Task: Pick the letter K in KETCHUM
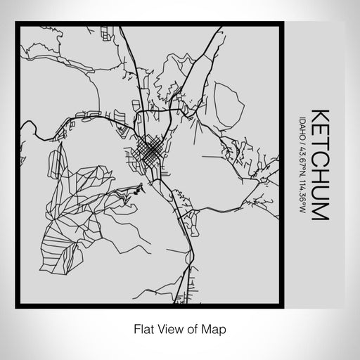(319, 113)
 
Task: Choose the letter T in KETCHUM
(319, 145)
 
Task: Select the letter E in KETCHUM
(319, 129)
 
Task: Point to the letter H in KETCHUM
(319, 179)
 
